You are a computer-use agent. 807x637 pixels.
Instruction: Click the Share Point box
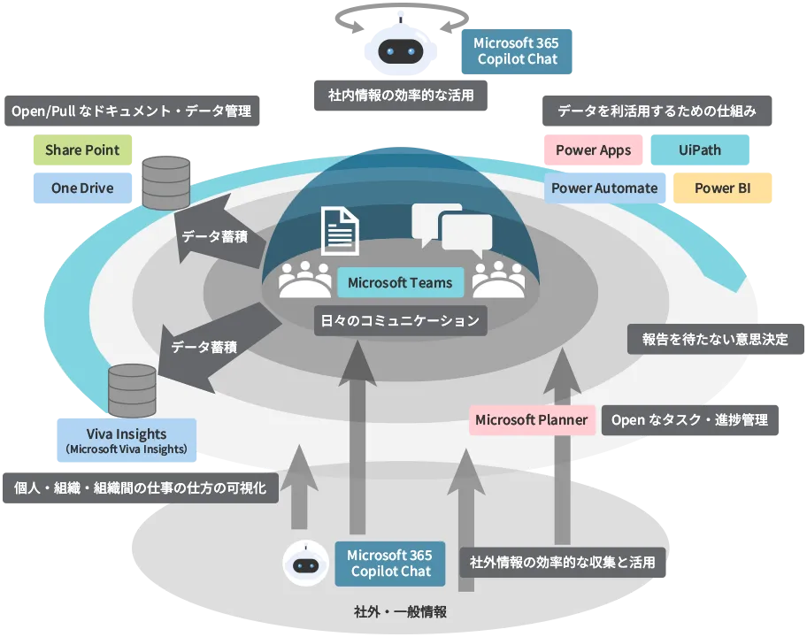click(x=81, y=150)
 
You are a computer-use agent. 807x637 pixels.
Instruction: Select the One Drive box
click(x=81, y=188)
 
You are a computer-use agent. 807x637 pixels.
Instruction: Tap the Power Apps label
click(x=593, y=150)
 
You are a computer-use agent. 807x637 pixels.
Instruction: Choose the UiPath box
click(x=699, y=150)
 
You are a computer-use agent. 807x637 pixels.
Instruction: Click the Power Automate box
click(x=604, y=188)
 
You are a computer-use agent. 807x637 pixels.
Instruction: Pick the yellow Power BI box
click(x=722, y=188)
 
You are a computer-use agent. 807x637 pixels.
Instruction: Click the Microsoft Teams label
click(x=400, y=283)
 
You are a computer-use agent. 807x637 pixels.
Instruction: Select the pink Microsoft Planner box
click(x=531, y=419)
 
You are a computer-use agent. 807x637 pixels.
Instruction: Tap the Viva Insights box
click(x=127, y=440)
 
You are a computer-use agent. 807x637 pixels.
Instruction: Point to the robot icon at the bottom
click(x=305, y=564)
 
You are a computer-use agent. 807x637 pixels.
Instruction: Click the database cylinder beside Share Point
click(x=165, y=183)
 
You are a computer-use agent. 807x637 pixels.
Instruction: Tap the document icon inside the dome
click(x=339, y=229)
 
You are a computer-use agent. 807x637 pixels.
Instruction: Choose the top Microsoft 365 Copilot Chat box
click(x=516, y=50)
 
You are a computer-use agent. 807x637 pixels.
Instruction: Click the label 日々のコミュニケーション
click(x=400, y=320)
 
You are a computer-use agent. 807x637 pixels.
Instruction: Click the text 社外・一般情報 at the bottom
click(x=400, y=612)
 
